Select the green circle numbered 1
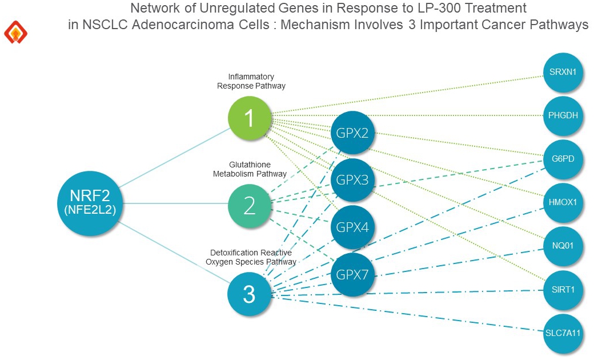click(249, 118)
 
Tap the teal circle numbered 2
click(250, 205)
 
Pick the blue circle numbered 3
click(249, 294)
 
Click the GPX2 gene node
click(352, 133)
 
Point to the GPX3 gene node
click(352, 180)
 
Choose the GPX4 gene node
click(352, 227)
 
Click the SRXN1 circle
click(563, 73)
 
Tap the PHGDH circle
click(563, 115)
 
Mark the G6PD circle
click(563, 159)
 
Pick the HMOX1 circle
click(563, 202)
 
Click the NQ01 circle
click(563, 246)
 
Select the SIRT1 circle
click(563, 290)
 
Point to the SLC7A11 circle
click(563, 333)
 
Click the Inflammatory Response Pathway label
click(251, 81)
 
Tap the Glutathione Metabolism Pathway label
click(250, 169)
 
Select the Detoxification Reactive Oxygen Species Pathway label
click(251, 257)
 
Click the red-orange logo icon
click(15, 33)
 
